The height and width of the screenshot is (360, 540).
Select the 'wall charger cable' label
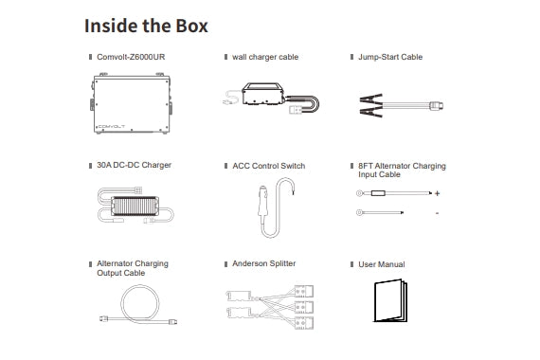(x=265, y=58)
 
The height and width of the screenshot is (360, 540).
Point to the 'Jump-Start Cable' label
(x=390, y=58)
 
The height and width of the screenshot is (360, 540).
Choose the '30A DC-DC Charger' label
(x=134, y=166)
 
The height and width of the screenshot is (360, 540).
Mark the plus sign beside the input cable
(x=437, y=194)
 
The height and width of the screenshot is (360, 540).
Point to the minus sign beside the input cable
(x=437, y=213)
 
